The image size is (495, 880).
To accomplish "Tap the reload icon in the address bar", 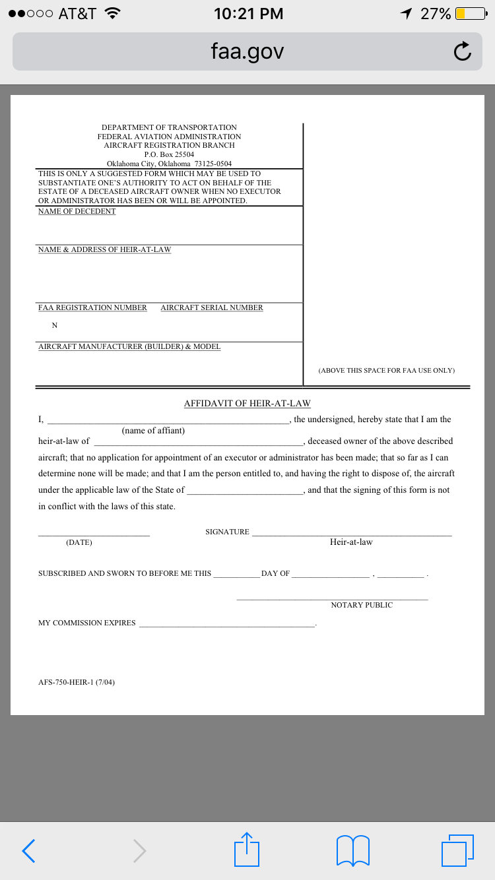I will point(463,51).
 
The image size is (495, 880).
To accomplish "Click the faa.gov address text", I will point(247,51).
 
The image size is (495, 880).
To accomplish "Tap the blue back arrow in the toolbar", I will point(28,850).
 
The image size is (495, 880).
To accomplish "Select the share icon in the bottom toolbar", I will point(247,849).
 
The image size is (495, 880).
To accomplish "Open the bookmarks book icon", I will point(353,850).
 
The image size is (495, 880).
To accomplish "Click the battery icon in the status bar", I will point(470,13).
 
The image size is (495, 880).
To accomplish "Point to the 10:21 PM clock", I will point(249,13).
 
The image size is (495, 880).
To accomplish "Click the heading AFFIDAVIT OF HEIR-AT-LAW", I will point(247,404).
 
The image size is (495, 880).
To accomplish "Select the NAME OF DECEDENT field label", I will point(77,212).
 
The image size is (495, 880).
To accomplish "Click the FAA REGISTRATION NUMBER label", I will point(92,308).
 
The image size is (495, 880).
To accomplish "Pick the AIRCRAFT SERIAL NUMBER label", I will point(212,308).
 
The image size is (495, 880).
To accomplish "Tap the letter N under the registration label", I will point(54,325).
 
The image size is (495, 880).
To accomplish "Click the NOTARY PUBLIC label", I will point(362,605).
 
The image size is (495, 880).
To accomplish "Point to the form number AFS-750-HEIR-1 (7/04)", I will point(77,682).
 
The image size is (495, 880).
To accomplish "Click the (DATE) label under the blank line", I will point(79,542).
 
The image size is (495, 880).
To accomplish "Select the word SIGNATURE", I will point(227,532).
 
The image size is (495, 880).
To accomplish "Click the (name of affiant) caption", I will point(153,431).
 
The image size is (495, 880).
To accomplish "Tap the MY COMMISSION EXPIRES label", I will point(87,623).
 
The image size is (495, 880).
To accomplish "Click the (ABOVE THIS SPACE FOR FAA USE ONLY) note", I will point(386,371).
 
